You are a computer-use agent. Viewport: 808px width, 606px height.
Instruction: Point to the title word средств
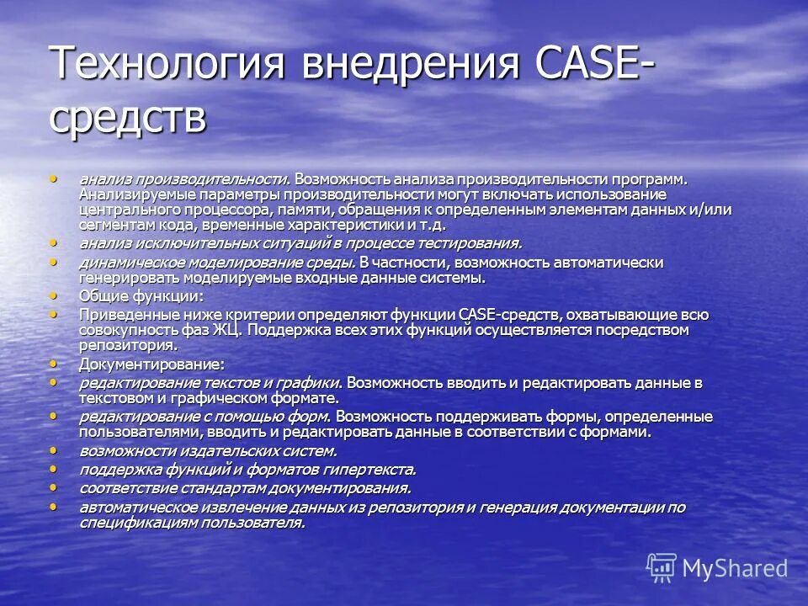pos(127,117)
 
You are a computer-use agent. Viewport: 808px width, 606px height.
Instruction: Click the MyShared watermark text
pos(735,568)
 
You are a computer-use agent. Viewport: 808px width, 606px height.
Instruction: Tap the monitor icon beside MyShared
pos(662,568)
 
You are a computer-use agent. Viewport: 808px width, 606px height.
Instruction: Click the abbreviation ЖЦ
pos(222,330)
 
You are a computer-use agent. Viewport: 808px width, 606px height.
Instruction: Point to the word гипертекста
pos(369,470)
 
